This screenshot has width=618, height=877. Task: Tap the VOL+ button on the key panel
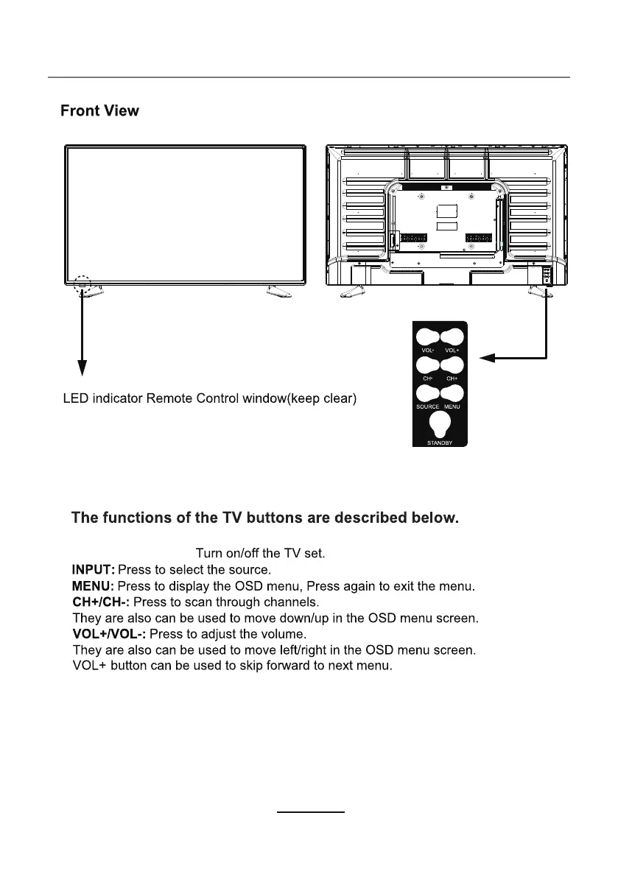pyautogui.click(x=452, y=337)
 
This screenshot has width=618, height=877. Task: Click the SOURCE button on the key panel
pyautogui.click(x=427, y=392)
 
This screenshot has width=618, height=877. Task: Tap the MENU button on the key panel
pyautogui.click(x=452, y=392)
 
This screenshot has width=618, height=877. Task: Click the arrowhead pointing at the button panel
pyautogui.click(x=485, y=359)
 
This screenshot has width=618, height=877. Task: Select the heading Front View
pyautogui.click(x=99, y=112)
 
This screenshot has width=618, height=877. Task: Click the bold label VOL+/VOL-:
pyautogui.click(x=109, y=634)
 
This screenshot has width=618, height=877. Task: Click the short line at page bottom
pyautogui.click(x=310, y=813)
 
